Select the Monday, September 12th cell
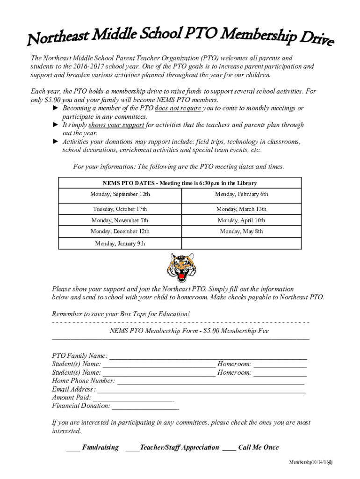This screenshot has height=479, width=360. [120, 194]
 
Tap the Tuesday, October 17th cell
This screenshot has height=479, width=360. [120, 209]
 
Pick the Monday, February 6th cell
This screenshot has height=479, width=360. [241, 194]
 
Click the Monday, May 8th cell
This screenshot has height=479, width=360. [241, 232]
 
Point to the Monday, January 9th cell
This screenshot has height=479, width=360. [120, 244]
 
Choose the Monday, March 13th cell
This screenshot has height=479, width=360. [241, 209]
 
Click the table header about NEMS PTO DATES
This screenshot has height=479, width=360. [180, 183]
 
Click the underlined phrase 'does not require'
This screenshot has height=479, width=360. [178, 109]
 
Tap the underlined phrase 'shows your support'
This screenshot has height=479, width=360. [116, 125]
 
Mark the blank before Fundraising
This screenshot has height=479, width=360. [73, 449]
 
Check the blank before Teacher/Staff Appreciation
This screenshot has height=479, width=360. [132, 449]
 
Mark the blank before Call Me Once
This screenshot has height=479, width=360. [229, 449]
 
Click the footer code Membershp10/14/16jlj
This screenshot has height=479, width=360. [310, 462]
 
